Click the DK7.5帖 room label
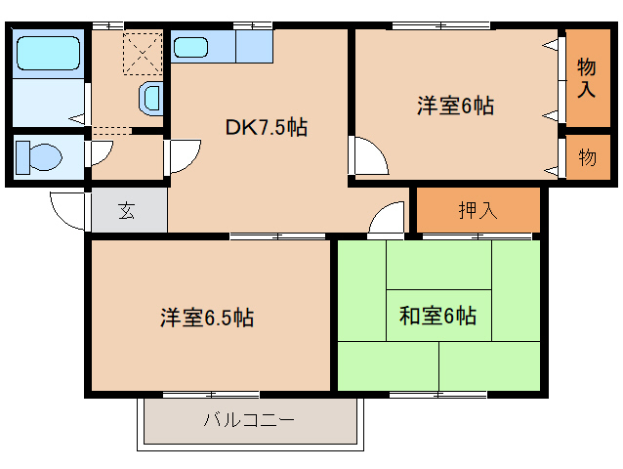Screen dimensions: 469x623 point(267,127)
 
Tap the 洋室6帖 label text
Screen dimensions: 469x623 point(456,107)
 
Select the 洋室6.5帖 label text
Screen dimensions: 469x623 point(208,318)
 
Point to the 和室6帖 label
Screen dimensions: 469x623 point(438,316)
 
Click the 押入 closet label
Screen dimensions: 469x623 point(478,209)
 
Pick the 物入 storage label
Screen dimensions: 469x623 point(587,78)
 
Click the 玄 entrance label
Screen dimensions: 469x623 point(127,209)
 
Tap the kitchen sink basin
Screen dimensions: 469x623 point(190,46)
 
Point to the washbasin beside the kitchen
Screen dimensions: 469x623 point(152,97)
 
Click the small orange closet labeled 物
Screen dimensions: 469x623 point(587,158)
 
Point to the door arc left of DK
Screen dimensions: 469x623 point(184,157)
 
